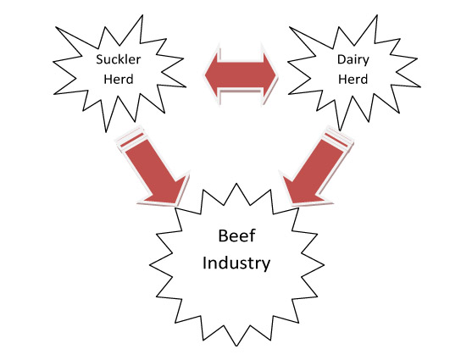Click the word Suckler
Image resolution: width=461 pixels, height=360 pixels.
(118, 59)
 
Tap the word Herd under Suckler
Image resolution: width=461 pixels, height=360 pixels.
(119, 79)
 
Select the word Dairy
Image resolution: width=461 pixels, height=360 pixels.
(353, 60)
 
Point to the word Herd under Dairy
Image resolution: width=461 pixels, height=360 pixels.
(353, 79)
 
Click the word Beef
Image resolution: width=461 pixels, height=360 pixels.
(236, 235)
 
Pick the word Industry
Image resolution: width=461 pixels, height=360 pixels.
(236, 263)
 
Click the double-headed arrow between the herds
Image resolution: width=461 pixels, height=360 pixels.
(241, 75)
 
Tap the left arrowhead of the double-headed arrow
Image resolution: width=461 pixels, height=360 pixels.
(212, 74)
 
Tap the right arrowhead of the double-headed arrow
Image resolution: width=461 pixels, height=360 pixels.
(269, 75)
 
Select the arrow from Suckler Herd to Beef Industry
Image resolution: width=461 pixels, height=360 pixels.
(153, 166)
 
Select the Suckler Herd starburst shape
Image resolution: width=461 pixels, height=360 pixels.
(119, 74)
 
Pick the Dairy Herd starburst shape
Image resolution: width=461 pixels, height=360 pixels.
(353, 73)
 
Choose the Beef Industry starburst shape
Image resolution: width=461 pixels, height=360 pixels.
(236, 264)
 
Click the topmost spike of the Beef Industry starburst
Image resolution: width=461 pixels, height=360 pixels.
(236, 185)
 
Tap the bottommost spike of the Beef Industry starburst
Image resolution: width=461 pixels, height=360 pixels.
(236, 346)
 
